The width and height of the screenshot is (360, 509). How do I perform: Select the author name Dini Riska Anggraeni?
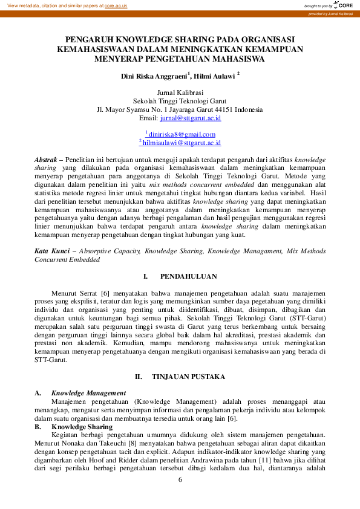point(154,77)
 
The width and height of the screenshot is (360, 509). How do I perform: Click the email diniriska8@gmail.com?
point(182,134)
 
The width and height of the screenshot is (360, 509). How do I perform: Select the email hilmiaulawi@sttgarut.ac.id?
point(182,143)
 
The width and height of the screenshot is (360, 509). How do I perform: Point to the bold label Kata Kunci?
point(50,250)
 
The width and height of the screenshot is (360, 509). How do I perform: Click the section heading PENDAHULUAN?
point(188,276)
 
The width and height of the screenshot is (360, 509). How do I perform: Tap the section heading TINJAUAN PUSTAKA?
point(188,377)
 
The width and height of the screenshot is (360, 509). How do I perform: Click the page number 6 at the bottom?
point(180,479)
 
